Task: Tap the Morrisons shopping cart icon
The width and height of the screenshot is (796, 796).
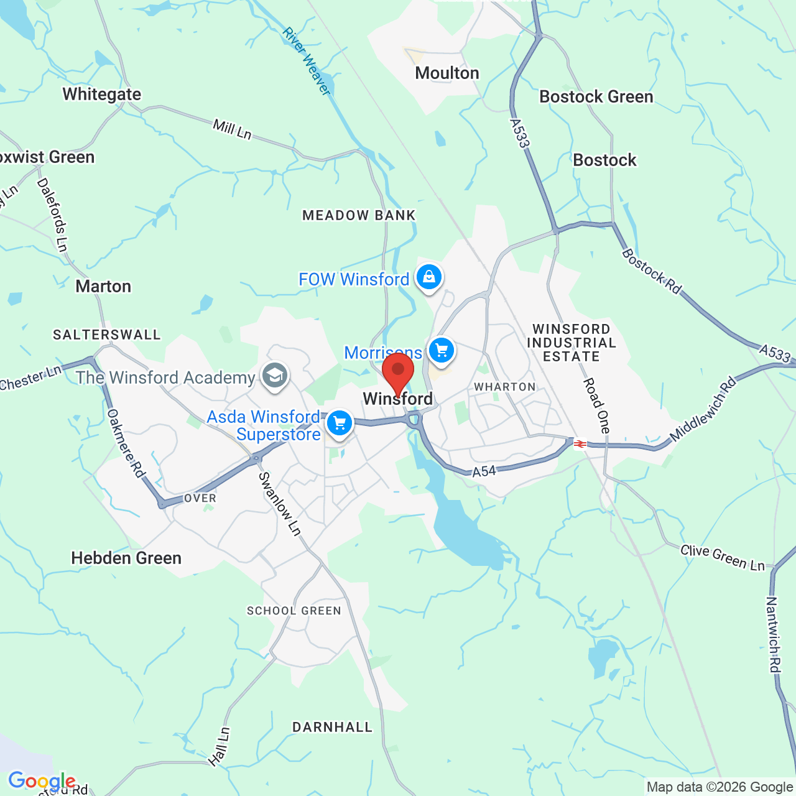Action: click(x=442, y=351)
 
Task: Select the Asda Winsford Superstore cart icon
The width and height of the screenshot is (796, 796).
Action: click(x=340, y=423)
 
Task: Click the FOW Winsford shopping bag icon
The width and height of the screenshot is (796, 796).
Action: click(x=429, y=277)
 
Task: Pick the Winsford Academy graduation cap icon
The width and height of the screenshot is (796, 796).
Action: click(x=274, y=376)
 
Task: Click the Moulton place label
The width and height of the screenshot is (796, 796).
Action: click(x=447, y=73)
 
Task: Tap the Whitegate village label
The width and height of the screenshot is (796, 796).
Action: click(x=102, y=95)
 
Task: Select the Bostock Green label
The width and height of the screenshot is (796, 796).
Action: click(x=596, y=97)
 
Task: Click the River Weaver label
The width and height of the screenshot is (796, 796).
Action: click(x=307, y=61)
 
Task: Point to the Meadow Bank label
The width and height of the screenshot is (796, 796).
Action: click(x=359, y=216)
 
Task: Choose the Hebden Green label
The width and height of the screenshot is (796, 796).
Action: click(x=126, y=558)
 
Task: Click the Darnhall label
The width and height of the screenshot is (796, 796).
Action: click(x=332, y=728)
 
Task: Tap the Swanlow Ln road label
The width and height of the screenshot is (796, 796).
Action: click(x=280, y=504)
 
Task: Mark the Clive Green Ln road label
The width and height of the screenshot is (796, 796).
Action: click(x=723, y=557)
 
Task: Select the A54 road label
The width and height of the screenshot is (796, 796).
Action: click(x=484, y=471)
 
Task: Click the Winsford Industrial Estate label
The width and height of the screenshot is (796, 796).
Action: click(x=572, y=343)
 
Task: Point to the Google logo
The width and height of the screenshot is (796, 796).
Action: click(x=42, y=781)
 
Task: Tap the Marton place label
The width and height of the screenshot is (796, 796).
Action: click(x=103, y=287)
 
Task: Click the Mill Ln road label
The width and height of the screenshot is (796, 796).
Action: click(x=232, y=129)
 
